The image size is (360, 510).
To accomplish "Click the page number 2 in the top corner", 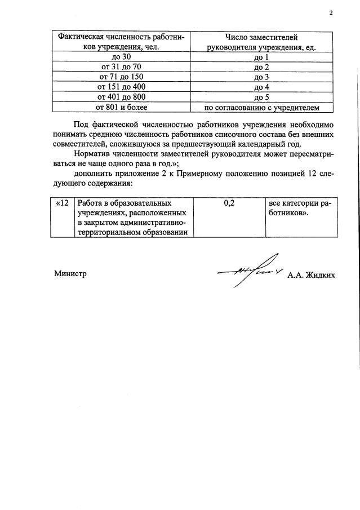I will click(x=331, y=12).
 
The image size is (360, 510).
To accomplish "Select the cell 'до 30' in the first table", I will click(x=122, y=57).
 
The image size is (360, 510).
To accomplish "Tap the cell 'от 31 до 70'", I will click(x=122, y=67).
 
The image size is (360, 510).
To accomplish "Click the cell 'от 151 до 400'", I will click(x=122, y=87).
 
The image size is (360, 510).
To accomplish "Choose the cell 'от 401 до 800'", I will click(x=122, y=96).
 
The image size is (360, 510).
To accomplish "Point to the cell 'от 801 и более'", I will click(x=122, y=107).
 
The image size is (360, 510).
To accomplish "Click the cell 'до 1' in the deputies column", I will click(x=260, y=57).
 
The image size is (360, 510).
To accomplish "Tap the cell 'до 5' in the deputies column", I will click(x=260, y=96).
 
